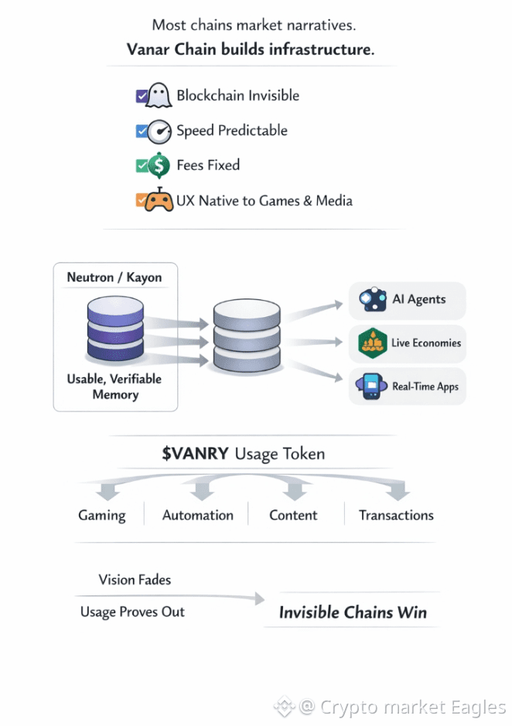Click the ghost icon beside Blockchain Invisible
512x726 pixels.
(x=159, y=96)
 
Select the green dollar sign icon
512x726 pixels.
(x=159, y=165)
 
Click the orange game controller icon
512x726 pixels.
(x=159, y=200)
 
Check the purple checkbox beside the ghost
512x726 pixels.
(x=142, y=96)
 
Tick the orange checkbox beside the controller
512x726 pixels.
(x=141, y=200)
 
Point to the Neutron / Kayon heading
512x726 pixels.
(x=114, y=278)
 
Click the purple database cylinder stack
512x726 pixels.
(x=115, y=330)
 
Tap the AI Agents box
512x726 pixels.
(x=408, y=300)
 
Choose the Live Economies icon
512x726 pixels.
(x=373, y=343)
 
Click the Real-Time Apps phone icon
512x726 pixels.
(x=372, y=386)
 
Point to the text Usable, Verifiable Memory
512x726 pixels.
(x=115, y=387)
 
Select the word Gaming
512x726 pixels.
(x=101, y=515)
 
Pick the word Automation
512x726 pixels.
(x=197, y=515)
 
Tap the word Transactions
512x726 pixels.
(x=396, y=515)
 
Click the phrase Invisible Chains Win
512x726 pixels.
(x=353, y=612)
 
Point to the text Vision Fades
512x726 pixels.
(x=135, y=580)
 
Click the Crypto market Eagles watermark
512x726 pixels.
(x=402, y=707)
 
